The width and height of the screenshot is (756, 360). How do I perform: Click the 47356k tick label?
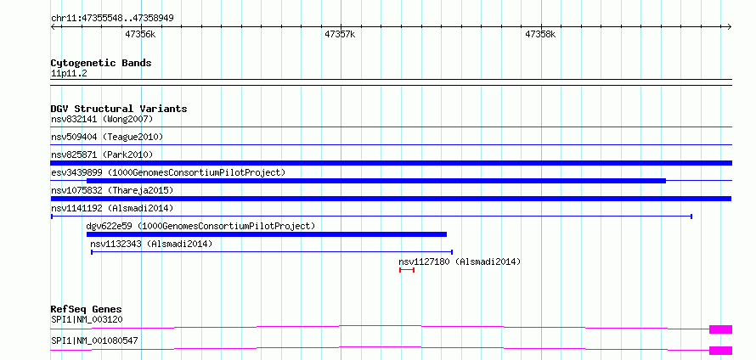140,34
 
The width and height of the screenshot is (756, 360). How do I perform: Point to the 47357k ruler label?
340,34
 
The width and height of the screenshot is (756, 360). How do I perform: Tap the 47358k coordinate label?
540,34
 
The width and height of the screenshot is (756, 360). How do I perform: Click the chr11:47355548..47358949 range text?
112,19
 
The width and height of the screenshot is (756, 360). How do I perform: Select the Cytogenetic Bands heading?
101,63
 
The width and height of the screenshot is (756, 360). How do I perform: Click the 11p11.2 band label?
69,74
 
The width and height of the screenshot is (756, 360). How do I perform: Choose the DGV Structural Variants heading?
119,109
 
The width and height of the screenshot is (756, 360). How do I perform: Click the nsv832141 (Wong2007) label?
102,119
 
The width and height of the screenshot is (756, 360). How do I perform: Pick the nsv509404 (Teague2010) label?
107,137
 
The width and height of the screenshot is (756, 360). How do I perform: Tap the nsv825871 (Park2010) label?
102,155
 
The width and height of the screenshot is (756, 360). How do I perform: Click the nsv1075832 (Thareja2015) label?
112,190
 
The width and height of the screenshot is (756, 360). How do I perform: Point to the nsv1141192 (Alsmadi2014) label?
112,208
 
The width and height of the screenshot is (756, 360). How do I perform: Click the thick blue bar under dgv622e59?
267,234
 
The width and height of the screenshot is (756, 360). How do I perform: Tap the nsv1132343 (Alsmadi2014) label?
151,244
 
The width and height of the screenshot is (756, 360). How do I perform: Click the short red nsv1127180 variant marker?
407,270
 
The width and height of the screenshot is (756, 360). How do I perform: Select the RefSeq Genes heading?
87,309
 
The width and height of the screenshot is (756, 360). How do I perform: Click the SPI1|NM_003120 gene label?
87,319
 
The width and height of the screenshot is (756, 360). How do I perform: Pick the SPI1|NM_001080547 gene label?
94,340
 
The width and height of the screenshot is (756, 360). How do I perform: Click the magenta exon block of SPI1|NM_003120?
721,329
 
